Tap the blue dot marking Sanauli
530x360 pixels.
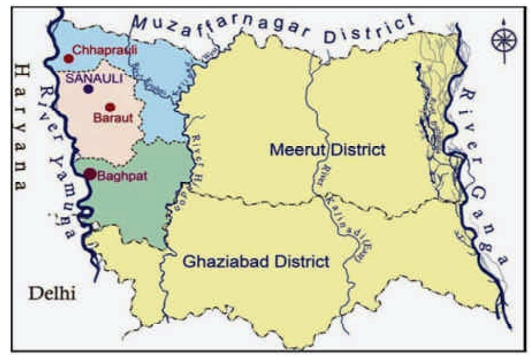89,89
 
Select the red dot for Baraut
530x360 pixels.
109,107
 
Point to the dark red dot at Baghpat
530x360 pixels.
90,174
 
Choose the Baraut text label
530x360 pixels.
114,118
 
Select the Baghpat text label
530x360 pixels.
121,176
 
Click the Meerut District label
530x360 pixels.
327,150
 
